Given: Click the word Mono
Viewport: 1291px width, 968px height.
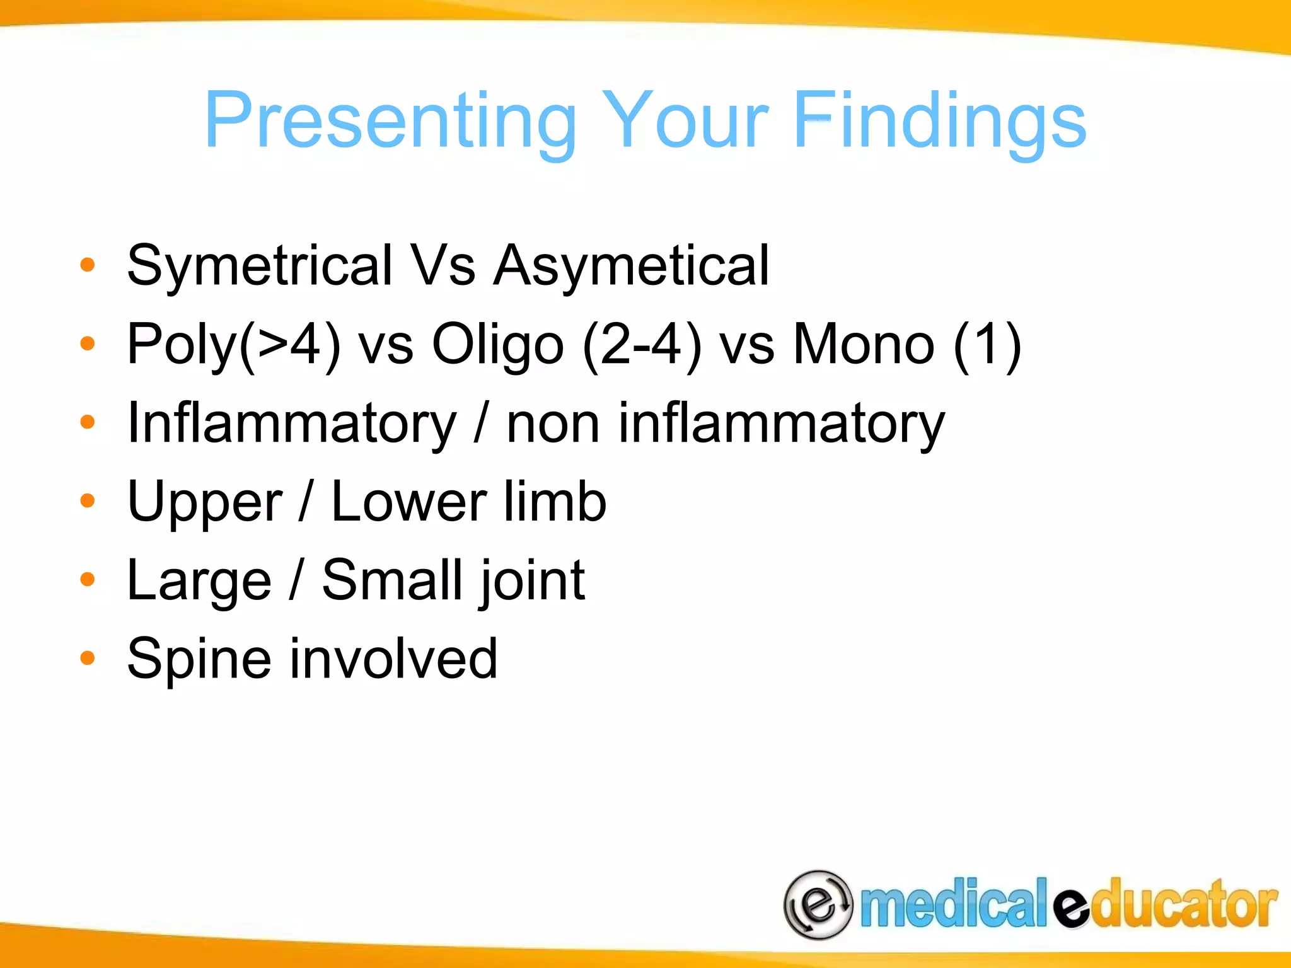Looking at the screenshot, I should pyautogui.click(x=864, y=344).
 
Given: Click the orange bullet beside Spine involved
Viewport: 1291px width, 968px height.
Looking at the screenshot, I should pyautogui.click(x=88, y=658).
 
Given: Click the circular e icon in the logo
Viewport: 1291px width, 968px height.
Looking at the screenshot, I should pyautogui.click(x=818, y=905).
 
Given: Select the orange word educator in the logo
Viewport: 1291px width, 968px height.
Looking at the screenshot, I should pyautogui.click(x=1166, y=905).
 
